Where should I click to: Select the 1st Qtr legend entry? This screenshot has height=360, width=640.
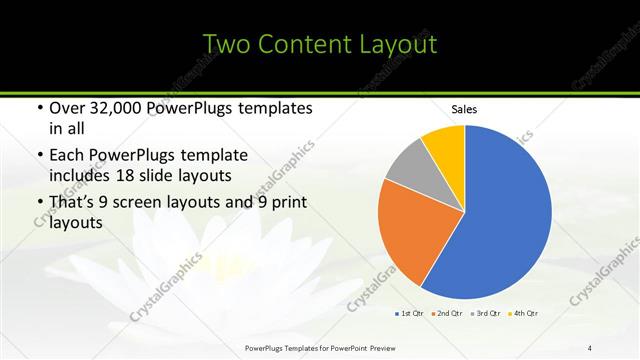tap(410, 314)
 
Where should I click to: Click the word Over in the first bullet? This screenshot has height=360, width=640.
tap(67, 108)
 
